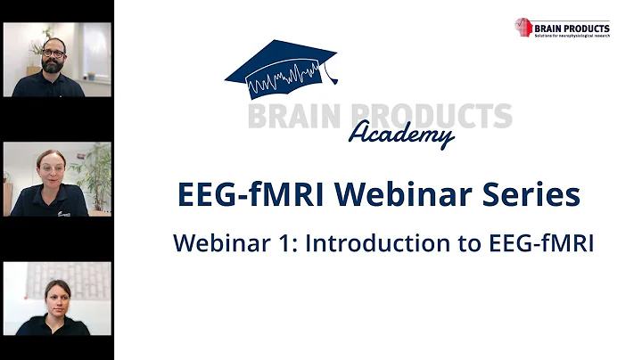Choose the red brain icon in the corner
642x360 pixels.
click(x=523, y=27)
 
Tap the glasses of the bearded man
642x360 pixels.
click(x=53, y=53)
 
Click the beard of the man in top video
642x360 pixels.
click(x=53, y=66)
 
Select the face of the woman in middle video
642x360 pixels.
click(x=51, y=168)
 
